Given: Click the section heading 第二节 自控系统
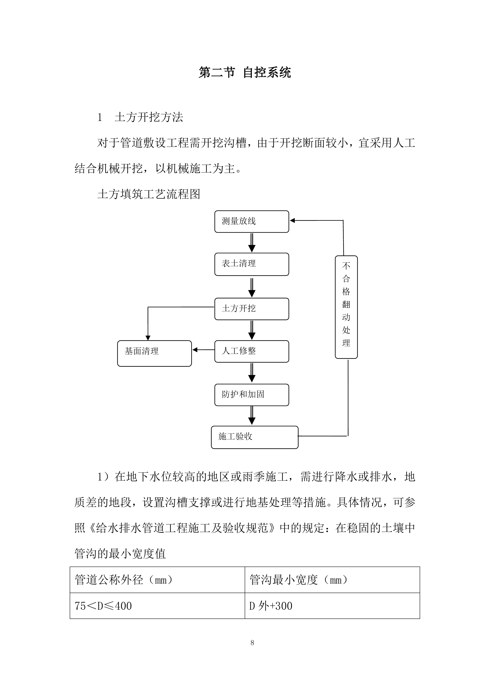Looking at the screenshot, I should (245, 73).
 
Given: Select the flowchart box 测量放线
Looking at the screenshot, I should (251, 221).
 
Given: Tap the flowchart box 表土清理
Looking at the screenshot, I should (251, 264).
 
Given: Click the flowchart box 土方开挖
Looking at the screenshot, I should (251, 309).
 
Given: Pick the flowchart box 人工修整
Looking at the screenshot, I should (251, 351).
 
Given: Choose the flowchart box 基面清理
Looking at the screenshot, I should (154, 353).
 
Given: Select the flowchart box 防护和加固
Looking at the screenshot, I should (251, 395).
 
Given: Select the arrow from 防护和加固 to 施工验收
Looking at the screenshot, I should (252, 416).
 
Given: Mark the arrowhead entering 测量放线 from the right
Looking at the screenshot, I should (292, 221).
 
